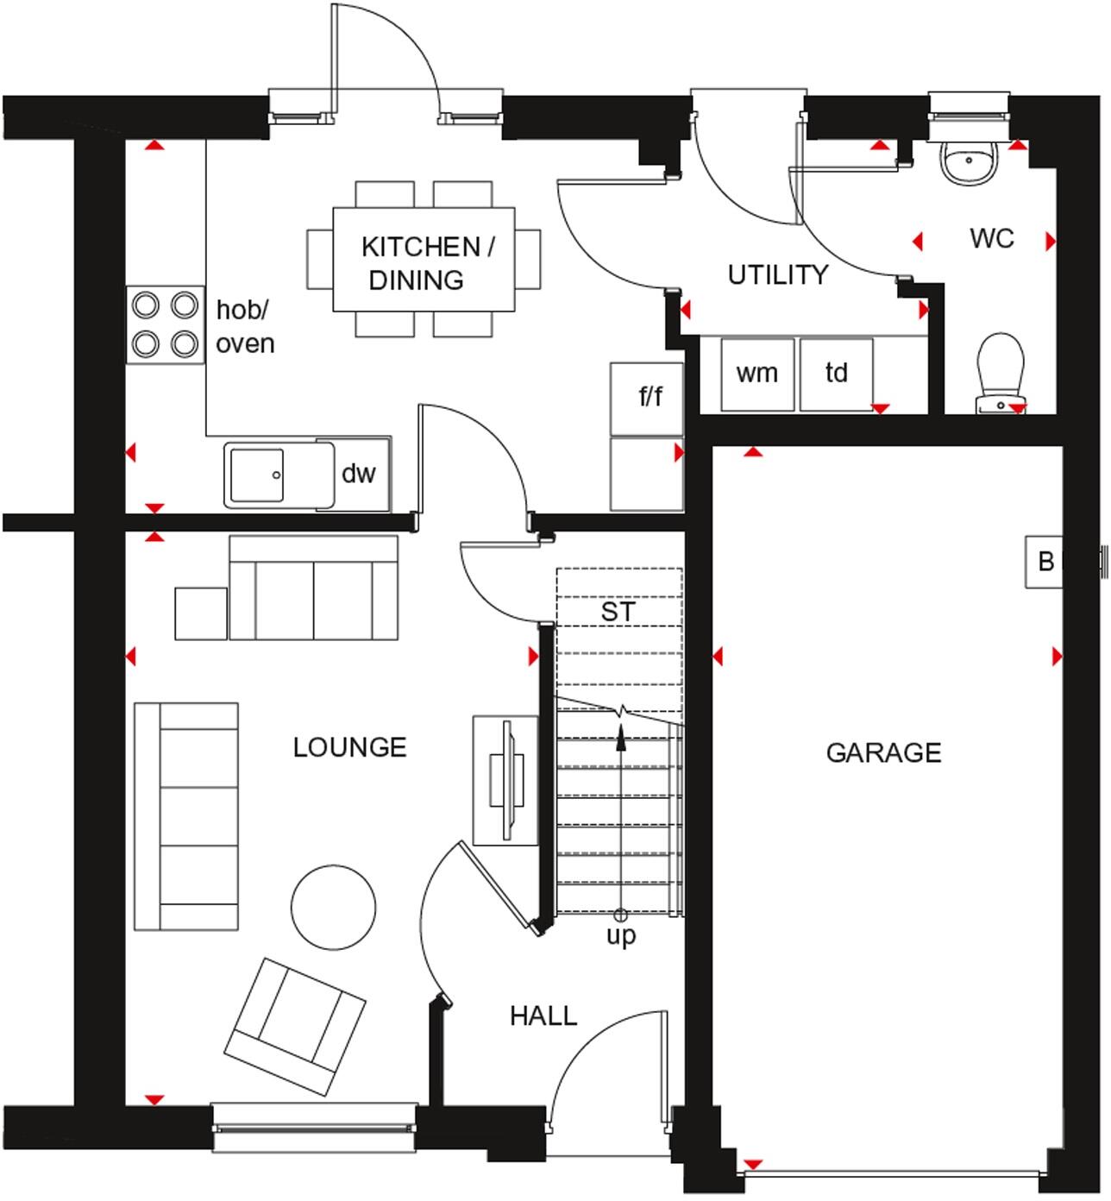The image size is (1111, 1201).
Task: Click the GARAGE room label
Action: (x=883, y=752)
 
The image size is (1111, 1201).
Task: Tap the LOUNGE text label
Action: (x=349, y=746)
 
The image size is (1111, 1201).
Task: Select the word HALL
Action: (x=543, y=1016)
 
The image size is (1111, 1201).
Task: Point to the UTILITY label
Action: (x=777, y=274)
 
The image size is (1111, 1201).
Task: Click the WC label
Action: (x=991, y=238)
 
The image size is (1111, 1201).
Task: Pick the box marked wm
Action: (x=756, y=374)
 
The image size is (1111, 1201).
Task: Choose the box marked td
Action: (x=836, y=374)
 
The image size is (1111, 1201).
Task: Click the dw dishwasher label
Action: (x=359, y=473)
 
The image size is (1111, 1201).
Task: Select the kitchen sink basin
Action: (x=255, y=474)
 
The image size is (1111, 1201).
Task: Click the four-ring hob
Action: (x=166, y=325)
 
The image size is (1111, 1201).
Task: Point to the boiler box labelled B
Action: (x=1045, y=562)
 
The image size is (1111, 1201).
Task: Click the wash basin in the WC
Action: (x=970, y=161)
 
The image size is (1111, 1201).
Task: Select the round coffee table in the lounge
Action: (x=334, y=908)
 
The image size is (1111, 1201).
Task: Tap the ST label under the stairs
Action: (x=618, y=612)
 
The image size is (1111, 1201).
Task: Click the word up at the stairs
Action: (x=620, y=935)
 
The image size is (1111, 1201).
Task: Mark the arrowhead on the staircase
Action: (x=620, y=739)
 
